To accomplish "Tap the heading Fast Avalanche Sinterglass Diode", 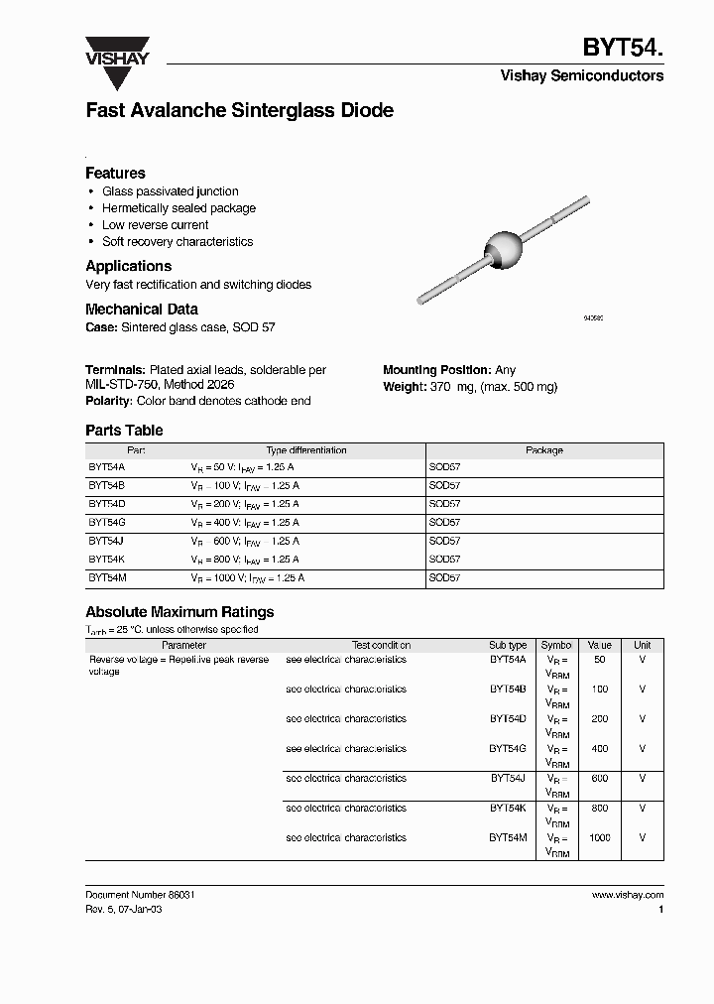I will pos(239,111).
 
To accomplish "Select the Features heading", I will pos(115,173).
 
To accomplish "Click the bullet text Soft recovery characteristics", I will pos(178,242).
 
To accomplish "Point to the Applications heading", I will pos(128,266).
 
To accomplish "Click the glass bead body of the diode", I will pos(501,244).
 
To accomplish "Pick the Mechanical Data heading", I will pos(142,310).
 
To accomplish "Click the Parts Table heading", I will pos(124,431).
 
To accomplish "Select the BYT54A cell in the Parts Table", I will pos(106,466).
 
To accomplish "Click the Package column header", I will pos(543,450).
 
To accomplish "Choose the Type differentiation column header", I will pos(306,450).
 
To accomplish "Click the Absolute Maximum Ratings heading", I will pos(179,612).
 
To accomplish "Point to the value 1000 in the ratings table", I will pos(600,838).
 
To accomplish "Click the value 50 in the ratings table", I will pos(600,660).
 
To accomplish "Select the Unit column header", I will pos(643,645).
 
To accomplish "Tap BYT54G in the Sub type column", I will pos(508,749).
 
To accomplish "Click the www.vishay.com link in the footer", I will pos(628,895).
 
